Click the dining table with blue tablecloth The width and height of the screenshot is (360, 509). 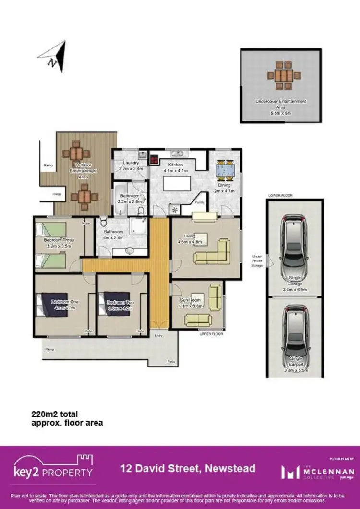[x=225, y=169]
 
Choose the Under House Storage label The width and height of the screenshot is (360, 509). [x=257, y=261]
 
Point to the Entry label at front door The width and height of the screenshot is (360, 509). [x=158, y=336]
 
